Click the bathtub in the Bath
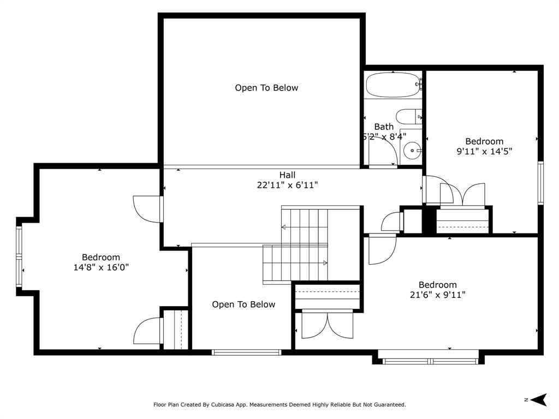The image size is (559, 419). (x=393, y=85)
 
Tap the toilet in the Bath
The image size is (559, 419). (x=409, y=117)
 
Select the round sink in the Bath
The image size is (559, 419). (x=413, y=151)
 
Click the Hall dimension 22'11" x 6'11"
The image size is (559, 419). (x=287, y=185)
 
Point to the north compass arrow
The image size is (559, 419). (x=538, y=400)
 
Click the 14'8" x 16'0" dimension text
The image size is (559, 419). (x=101, y=267)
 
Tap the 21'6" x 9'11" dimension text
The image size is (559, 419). (x=437, y=295)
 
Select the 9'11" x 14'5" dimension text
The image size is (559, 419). (x=484, y=151)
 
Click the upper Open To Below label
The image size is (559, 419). (x=266, y=88)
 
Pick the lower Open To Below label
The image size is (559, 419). (x=243, y=304)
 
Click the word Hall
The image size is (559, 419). (x=287, y=175)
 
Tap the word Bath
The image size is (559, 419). (x=384, y=127)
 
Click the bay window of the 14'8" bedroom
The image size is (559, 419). (x=19, y=256)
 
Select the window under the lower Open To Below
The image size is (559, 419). (x=247, y=352)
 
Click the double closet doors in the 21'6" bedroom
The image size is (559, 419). (x=328, y=324)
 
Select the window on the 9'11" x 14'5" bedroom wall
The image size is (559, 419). (x=541, y=183)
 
